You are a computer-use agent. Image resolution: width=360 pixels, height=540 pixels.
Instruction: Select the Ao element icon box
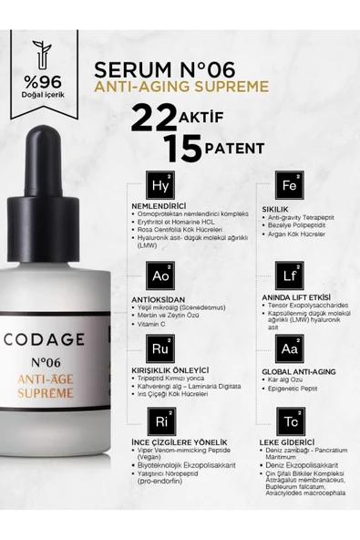(160, 275)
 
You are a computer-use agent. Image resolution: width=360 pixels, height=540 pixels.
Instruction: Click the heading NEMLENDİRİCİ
(159, 207)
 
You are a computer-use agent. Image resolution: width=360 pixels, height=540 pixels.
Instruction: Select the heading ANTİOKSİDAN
(159, 299)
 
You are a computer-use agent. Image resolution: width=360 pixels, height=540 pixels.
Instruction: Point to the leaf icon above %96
(42, 53)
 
